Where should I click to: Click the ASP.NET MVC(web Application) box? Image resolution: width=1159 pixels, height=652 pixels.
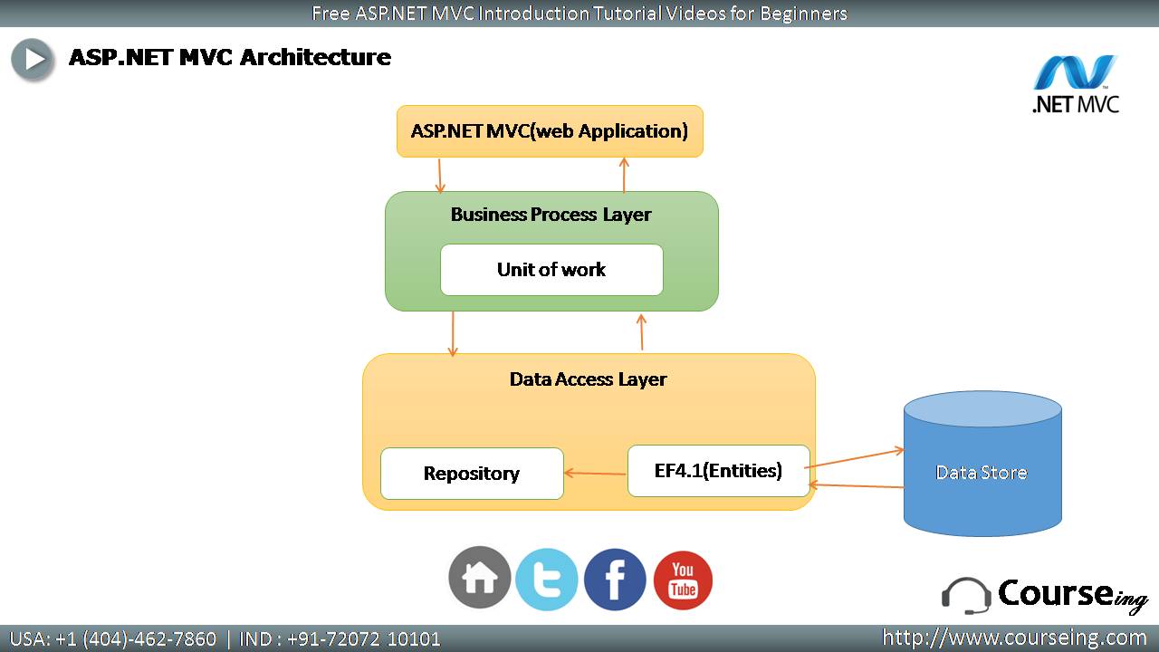pos(550,131)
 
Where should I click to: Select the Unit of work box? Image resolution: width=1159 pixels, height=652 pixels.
pos(551,270)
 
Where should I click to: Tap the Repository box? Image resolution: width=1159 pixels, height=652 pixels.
pos(472,474)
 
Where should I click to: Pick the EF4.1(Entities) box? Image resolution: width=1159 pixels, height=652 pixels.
pos(719,471)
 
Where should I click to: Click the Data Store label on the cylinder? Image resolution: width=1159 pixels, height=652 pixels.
pos(982,473)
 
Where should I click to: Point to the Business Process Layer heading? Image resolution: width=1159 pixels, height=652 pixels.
pos(551,215)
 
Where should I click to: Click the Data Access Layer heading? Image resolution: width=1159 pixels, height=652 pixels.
pos(589,379)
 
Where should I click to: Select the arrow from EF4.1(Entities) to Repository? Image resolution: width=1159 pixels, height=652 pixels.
pos(595,473)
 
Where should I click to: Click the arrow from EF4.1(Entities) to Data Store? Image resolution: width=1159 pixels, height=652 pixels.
pos(855,458)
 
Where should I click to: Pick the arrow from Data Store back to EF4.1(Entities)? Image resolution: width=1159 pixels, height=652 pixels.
pos(857,486)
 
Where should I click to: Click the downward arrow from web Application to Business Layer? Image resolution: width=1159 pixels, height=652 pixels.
pos(440,176)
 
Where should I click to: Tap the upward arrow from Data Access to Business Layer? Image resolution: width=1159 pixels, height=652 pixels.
pos(642,332)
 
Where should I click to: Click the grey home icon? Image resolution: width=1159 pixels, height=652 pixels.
pos(480,578)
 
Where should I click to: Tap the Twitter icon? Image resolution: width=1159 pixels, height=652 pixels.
pos(547,580)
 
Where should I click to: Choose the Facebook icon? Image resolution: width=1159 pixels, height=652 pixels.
pos(615,580)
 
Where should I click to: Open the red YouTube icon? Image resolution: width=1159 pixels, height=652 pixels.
pos(683,580)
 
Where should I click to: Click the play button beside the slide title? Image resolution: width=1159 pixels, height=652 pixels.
pos(32,59)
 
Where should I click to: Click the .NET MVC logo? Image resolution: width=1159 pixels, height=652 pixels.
pos(1076,84)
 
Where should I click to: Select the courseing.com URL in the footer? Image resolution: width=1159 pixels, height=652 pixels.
pos(1014,638)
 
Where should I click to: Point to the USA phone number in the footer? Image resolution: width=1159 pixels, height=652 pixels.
pos(113,639)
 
